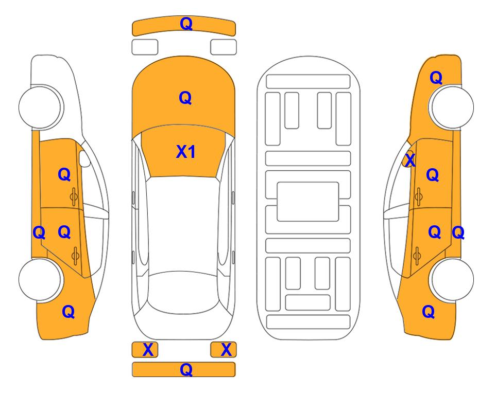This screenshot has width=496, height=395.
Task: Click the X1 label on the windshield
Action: [x=186, y=152]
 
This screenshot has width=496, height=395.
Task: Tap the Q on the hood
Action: [x=185, y=98]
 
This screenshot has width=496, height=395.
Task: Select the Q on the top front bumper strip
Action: [x=186, y=24]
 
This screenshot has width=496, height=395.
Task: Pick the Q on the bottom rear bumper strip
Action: [x=186, y=369]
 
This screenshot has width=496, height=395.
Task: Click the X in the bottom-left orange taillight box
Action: [x=148, y=350]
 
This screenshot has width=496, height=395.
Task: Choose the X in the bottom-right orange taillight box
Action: [x=226, y=350]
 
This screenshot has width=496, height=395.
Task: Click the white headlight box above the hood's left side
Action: [x=145, y=47]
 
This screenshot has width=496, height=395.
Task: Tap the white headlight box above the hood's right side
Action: [x=224, y=47]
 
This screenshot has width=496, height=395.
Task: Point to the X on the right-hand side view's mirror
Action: [x=410, y=159]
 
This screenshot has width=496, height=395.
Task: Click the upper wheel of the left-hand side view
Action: [x=40, y=107]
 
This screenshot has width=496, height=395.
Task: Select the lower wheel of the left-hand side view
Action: [x=40, y=279]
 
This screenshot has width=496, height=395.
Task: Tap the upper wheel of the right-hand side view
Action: [x=452, y=107]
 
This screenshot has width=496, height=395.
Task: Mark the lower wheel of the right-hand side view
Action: [x=452, y=279]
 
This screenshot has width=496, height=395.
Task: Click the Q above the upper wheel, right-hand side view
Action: [x=436, y=78]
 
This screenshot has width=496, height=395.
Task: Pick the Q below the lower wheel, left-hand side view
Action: [x=69, y=312]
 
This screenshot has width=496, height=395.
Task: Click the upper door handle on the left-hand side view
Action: [x=74, y=196]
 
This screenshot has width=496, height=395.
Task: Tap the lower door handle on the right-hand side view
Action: [x=417, y=256]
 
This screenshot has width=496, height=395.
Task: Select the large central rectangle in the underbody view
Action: [x=308, y=202]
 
